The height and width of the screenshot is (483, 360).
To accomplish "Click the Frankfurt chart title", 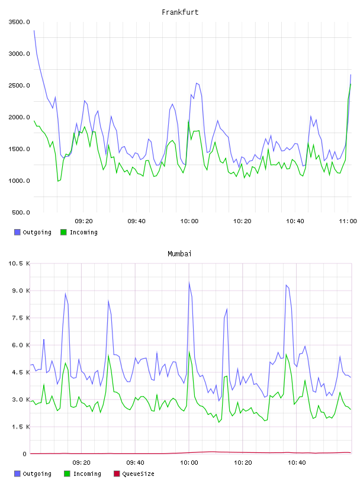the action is tap(180, 12).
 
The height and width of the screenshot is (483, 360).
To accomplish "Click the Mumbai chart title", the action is tap(179, 253).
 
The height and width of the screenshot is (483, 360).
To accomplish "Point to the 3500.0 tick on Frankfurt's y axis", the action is tap(19, 22).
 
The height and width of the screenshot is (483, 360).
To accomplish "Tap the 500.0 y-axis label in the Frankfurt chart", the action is tap(21, 212).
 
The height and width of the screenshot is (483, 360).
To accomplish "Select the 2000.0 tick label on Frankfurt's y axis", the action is tap(19, 117).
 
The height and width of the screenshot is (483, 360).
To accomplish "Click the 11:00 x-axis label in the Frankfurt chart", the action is tap(348, 221).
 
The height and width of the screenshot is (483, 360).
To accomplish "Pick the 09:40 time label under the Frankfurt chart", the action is tap(136, 221).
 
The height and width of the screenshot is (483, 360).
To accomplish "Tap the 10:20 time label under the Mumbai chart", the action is tap(243, 463).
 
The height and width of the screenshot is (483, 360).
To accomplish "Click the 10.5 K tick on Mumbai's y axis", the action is tap(19, 263).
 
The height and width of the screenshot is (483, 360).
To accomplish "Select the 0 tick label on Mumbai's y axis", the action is tap(24, 454).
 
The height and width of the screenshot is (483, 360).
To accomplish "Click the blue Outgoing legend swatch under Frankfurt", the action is tap(17, 232).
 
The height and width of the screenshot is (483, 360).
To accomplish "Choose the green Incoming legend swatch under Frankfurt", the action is tap(63, 232).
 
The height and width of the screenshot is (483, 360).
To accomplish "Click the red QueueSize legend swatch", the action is tap(117, 474).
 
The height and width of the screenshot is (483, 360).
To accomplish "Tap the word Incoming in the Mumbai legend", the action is tap(87, 474).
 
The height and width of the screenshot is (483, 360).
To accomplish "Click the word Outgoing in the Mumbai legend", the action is tap(37, 474).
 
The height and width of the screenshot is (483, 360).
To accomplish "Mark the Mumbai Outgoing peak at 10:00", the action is tap(189, 282).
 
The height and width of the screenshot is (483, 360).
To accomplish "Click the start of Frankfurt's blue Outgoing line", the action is tap(34, 30).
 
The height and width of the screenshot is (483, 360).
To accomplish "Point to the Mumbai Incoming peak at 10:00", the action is tap(189, 352).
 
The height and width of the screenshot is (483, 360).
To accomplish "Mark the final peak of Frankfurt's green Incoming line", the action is tap(351, 84).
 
